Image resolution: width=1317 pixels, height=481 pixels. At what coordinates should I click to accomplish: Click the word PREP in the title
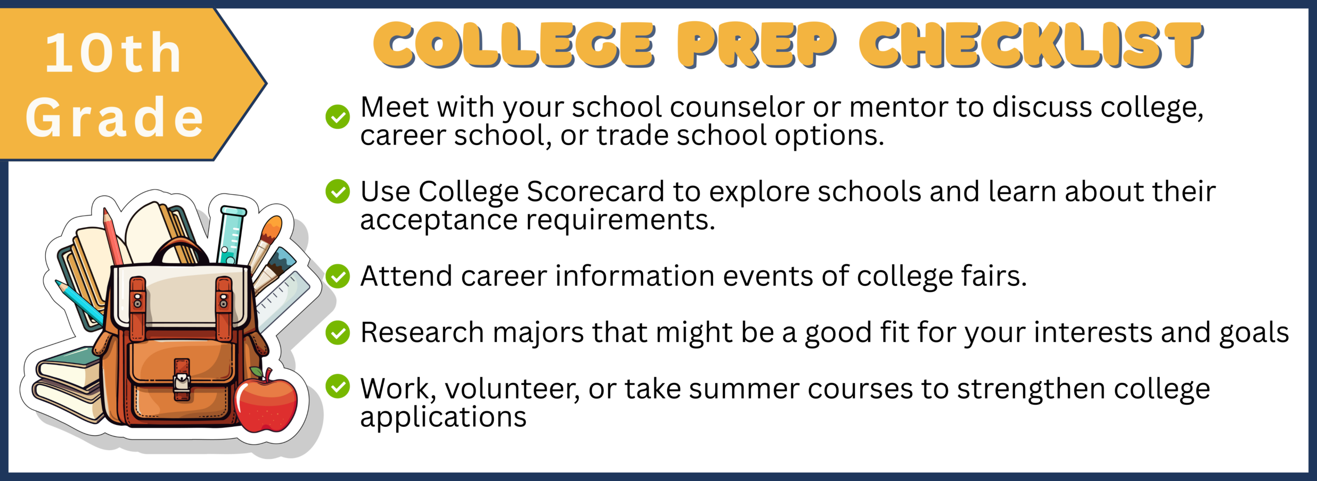[x=757, y=45]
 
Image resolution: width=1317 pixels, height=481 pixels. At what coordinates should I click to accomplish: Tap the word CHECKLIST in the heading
[x=1031, y=45]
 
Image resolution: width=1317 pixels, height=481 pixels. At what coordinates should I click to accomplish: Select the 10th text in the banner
[x=113, y=53]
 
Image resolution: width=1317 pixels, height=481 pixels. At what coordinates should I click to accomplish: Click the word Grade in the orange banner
[x=114, y=117]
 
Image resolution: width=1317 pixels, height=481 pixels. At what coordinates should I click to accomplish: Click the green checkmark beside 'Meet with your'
[x=337, y=116]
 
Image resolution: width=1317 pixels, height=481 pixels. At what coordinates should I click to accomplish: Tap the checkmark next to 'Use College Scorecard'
[x=337, y=191]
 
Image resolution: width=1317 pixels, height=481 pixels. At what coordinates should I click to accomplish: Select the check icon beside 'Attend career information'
[x=337, y=276]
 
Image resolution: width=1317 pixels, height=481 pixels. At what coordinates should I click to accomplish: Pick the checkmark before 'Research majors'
[x=337, y=332]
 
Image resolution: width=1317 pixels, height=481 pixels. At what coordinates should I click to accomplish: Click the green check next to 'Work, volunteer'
[x=337, y=386]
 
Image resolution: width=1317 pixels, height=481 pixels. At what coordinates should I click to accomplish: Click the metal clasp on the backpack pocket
[x=182, y=382]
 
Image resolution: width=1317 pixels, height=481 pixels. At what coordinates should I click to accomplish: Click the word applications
[x=443, y=418]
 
